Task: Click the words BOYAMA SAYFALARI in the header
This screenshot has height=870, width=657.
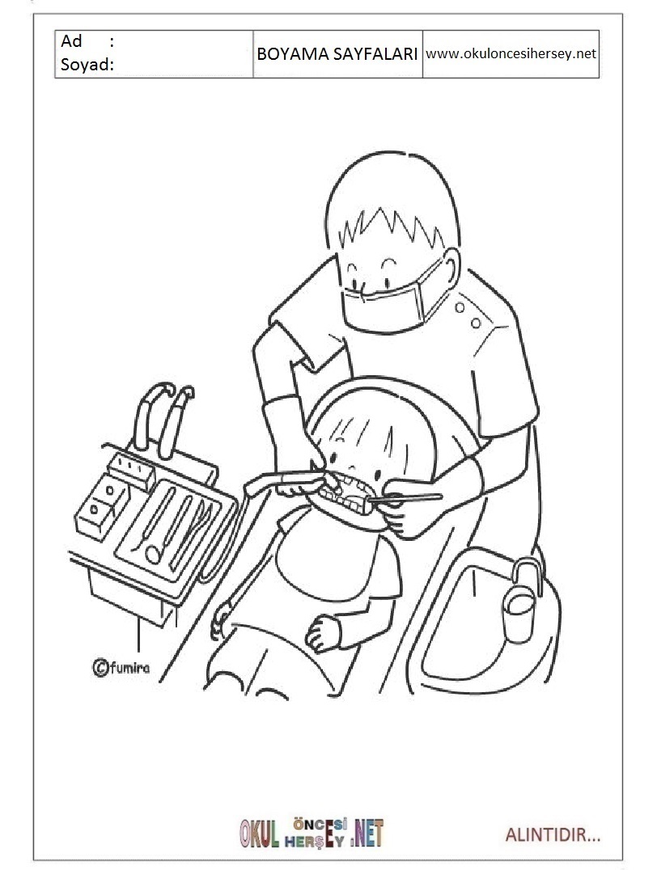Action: pyautogui.click(x=337, y=54)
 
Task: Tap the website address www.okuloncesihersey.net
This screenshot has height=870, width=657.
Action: pyautogui.click(x=511, y=54)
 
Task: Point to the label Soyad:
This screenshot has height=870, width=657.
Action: pyautogui.click(x=87, y=65)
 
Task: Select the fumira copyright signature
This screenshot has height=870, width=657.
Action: pyautogui.click(x=121, y=667)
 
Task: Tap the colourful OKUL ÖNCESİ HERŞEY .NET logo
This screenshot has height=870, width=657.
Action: pyautogui.click(x=312, y=834)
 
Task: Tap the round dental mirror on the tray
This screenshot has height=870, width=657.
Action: pyautogui.click(x=153, y=554)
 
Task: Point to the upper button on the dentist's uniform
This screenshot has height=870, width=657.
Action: pyautogui.click(x=460, y=306)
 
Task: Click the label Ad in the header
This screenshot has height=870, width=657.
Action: pyautogui.click(x=72, y=41)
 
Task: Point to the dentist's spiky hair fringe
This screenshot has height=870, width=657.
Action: pyautogui.click(x=388, y=227)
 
